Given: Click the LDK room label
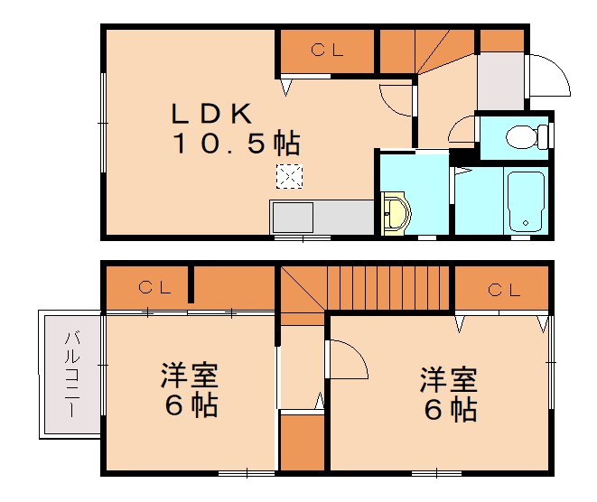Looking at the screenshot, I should click(211, 115).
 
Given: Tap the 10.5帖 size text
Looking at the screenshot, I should click(237, 143).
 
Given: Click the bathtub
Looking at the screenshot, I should click(525, 200).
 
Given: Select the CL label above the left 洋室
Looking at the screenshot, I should click(155, 288).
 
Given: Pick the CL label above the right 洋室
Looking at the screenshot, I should click(504, 290).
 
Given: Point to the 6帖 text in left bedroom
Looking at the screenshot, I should click(191, 407).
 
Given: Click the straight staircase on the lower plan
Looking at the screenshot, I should click(388, 288).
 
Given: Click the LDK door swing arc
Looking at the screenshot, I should click(397, 99).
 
